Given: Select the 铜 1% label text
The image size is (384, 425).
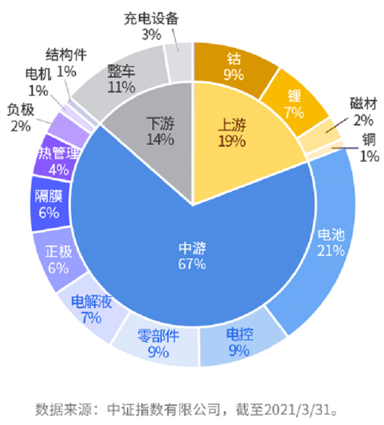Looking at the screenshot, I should pos(369,147).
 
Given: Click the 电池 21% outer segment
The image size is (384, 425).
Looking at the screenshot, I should pos(330,242).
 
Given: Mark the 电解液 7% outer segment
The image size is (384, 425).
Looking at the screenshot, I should pos(91,309).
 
